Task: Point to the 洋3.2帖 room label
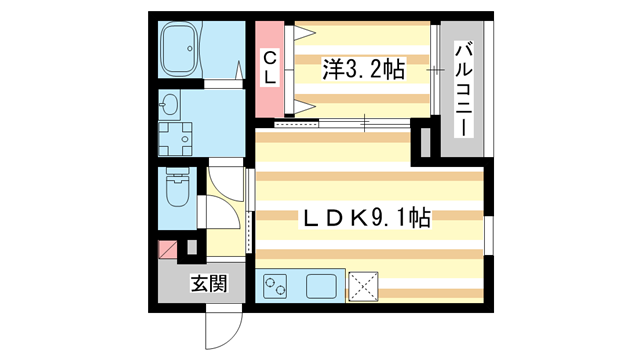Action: pos(362,69)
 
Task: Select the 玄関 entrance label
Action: pos(208,283)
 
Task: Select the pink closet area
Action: pos(269,70)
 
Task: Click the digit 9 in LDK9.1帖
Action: pos(377,217)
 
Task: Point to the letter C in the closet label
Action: pos(269,57)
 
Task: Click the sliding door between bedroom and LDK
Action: pos(340,123)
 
